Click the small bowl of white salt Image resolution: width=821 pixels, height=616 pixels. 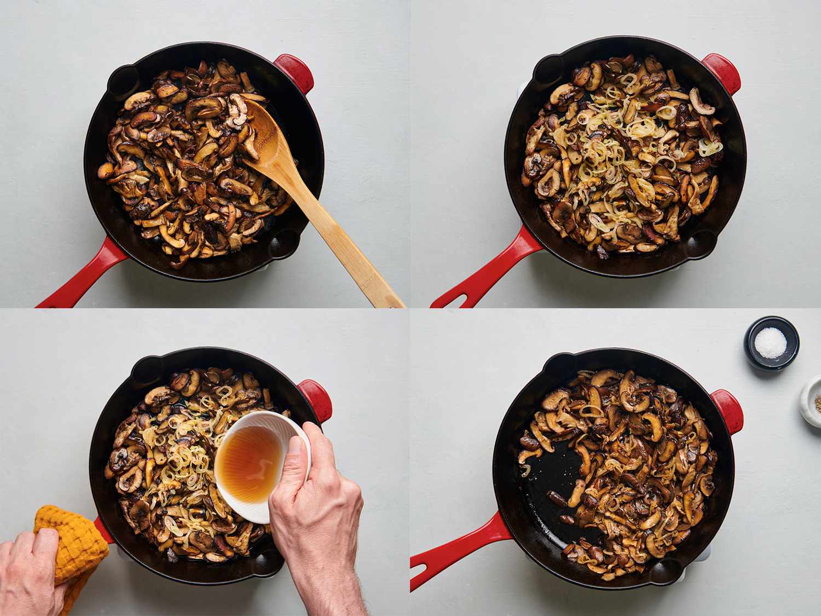pos(771,343)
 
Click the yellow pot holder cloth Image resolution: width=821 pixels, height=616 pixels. pos(71,542)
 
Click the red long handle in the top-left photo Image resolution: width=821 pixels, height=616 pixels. pos(82,274)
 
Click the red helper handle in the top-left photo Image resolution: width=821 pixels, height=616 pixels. pos(296,71)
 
